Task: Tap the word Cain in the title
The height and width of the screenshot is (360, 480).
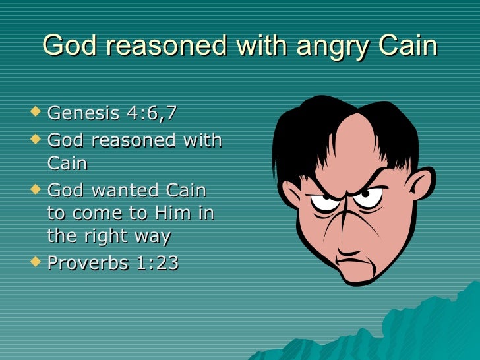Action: pos(406,45)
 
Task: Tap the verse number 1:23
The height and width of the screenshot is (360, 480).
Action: pos(158,262)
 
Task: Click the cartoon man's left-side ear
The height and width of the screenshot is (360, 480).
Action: pos(291,194)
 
